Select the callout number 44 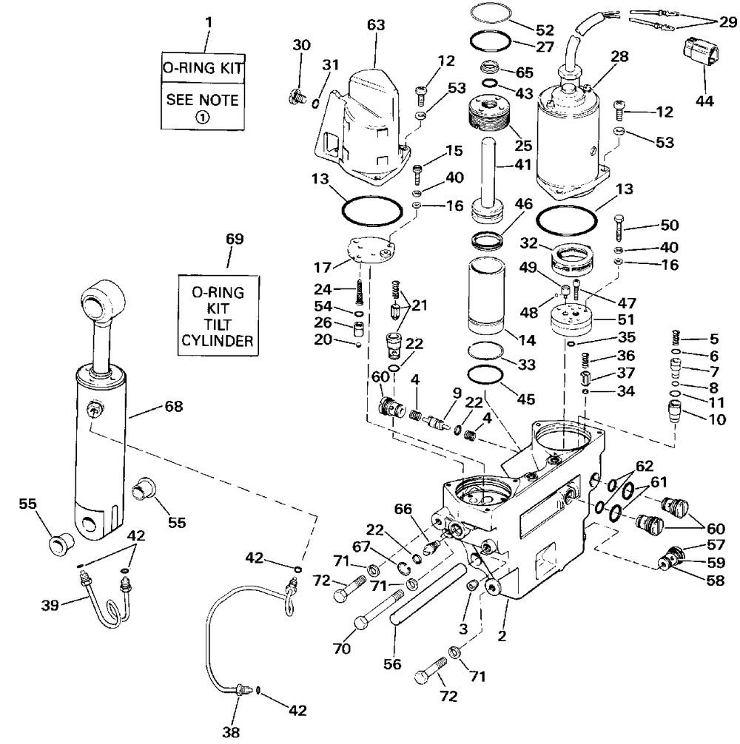tap(704, 101)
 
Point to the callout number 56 tap(392, 664)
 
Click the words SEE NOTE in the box tap(203, 99)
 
